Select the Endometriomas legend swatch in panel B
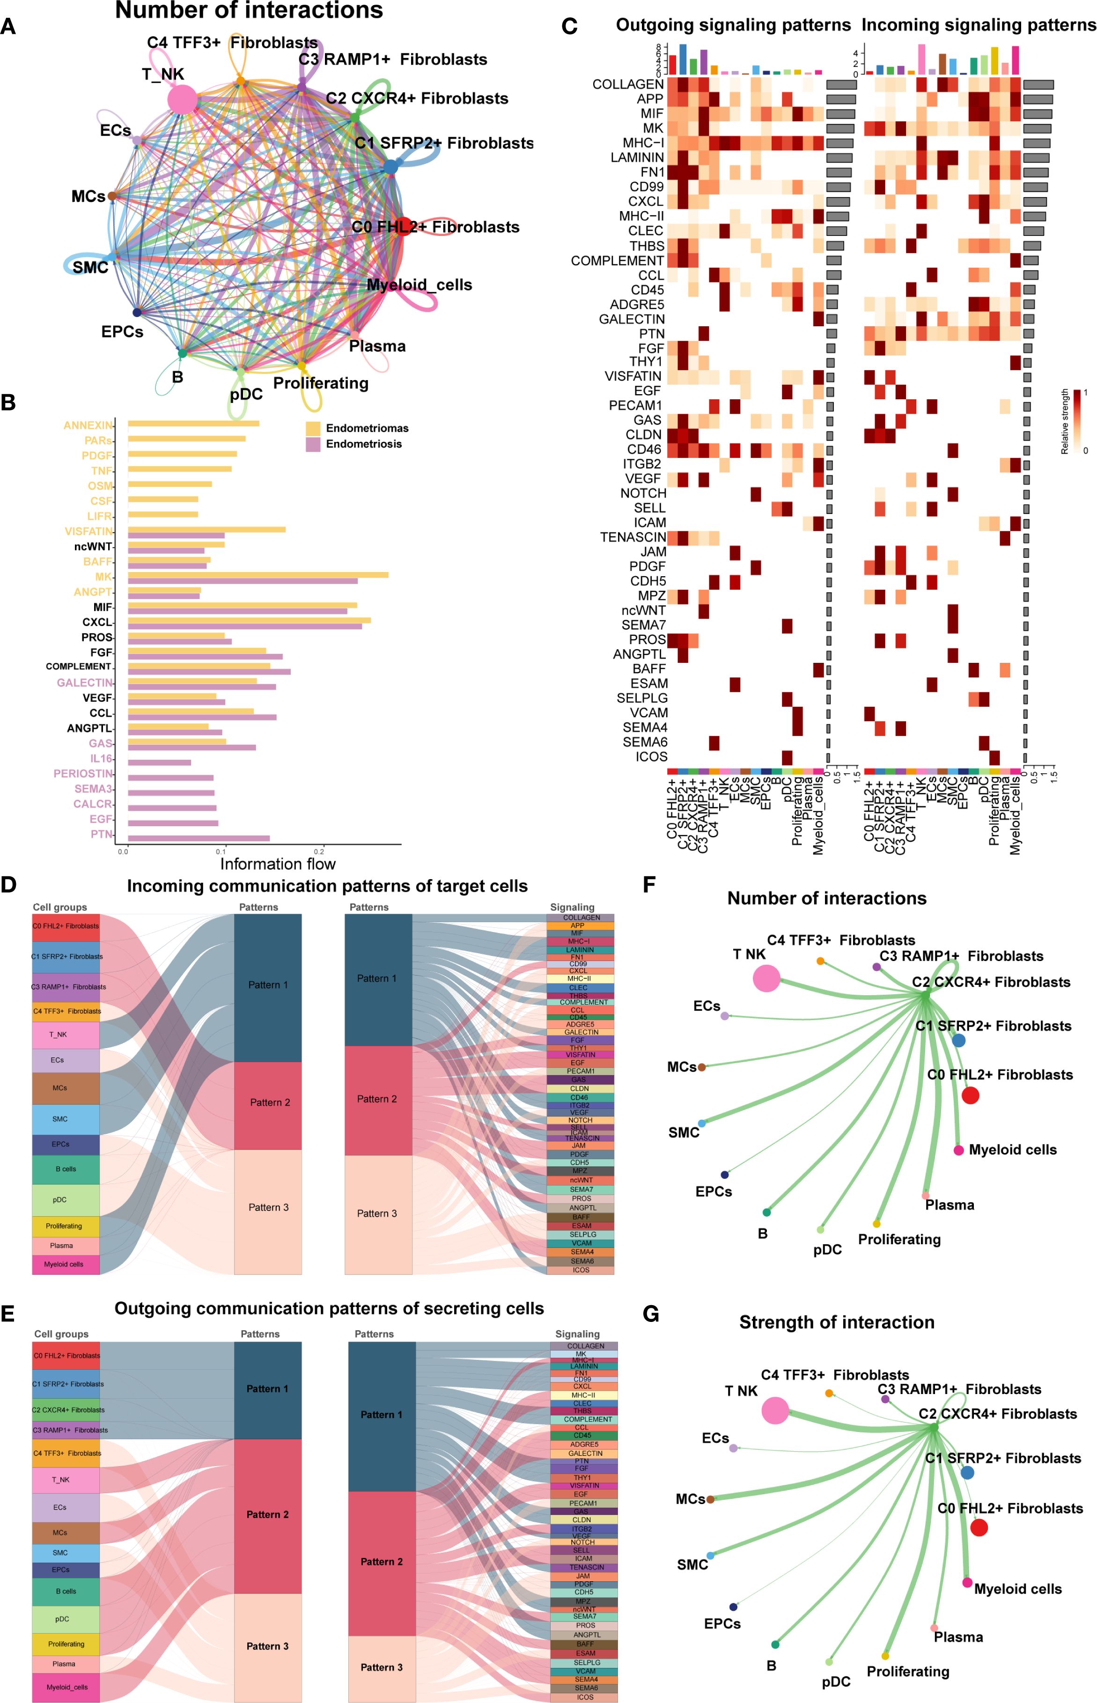pos(313,428)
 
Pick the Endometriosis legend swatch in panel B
pos(313,444)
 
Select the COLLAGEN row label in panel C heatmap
pos(627,84)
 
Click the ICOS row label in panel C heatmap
pos(651,756)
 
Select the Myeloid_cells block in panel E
pos(66,1687)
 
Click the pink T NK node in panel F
pos(766,978)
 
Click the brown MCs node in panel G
pos(710,1499)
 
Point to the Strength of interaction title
pos(836,1322)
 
